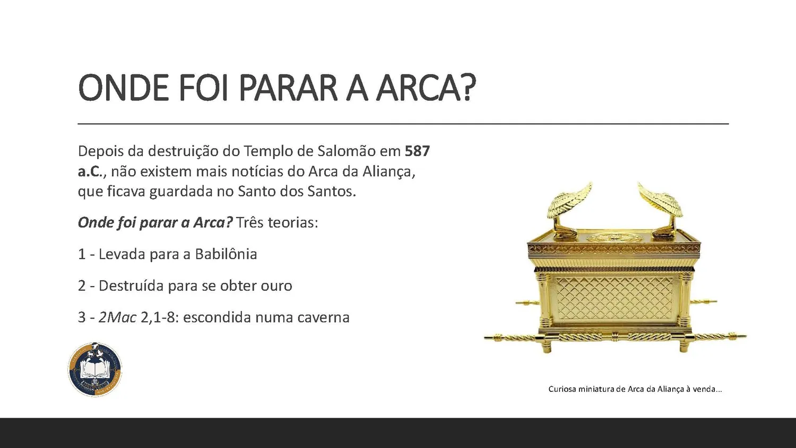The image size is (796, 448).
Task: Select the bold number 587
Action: click(418, 151)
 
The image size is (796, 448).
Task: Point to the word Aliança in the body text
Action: click(389, 171)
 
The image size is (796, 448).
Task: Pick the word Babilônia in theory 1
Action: click(226, 254)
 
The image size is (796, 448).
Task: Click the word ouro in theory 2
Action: click(276, 286)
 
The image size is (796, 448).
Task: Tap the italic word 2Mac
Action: click(118, 317)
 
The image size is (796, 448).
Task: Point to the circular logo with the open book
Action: click(95, 369)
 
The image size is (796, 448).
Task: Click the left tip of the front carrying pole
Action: click(486, 337)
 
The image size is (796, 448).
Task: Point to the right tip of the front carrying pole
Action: click(745, 335)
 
